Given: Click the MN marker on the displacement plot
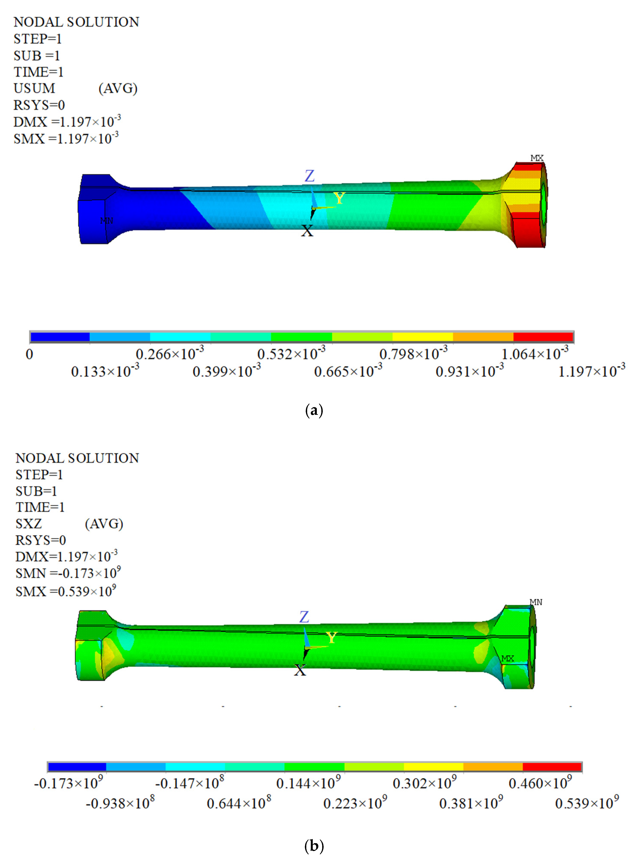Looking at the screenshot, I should click(x=106, y=221).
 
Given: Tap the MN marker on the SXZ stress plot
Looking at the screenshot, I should click(x=536, y=602).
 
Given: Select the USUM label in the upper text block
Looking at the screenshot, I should click(x=35, y=88).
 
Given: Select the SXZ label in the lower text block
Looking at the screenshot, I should click(x=29, y=524).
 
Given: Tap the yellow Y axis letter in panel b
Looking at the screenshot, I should click(x=331, y=638).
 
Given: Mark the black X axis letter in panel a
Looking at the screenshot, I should click(x=307, y=231).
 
